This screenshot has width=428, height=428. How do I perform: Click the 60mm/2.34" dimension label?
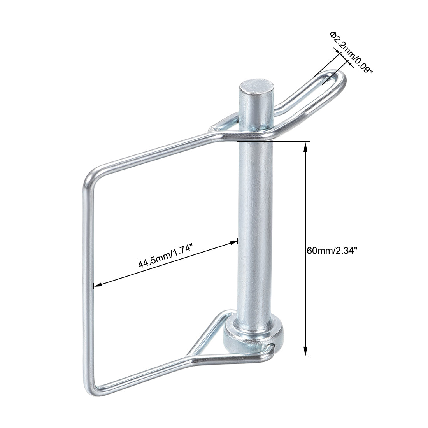[x=332, y=251]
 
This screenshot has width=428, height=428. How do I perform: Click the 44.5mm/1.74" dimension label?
[x=165, y=258]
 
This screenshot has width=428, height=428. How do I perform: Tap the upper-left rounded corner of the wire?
[x=90, y=177]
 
